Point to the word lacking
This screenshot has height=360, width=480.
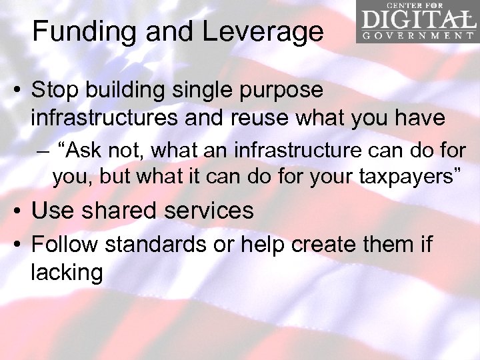tap(67, 272)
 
